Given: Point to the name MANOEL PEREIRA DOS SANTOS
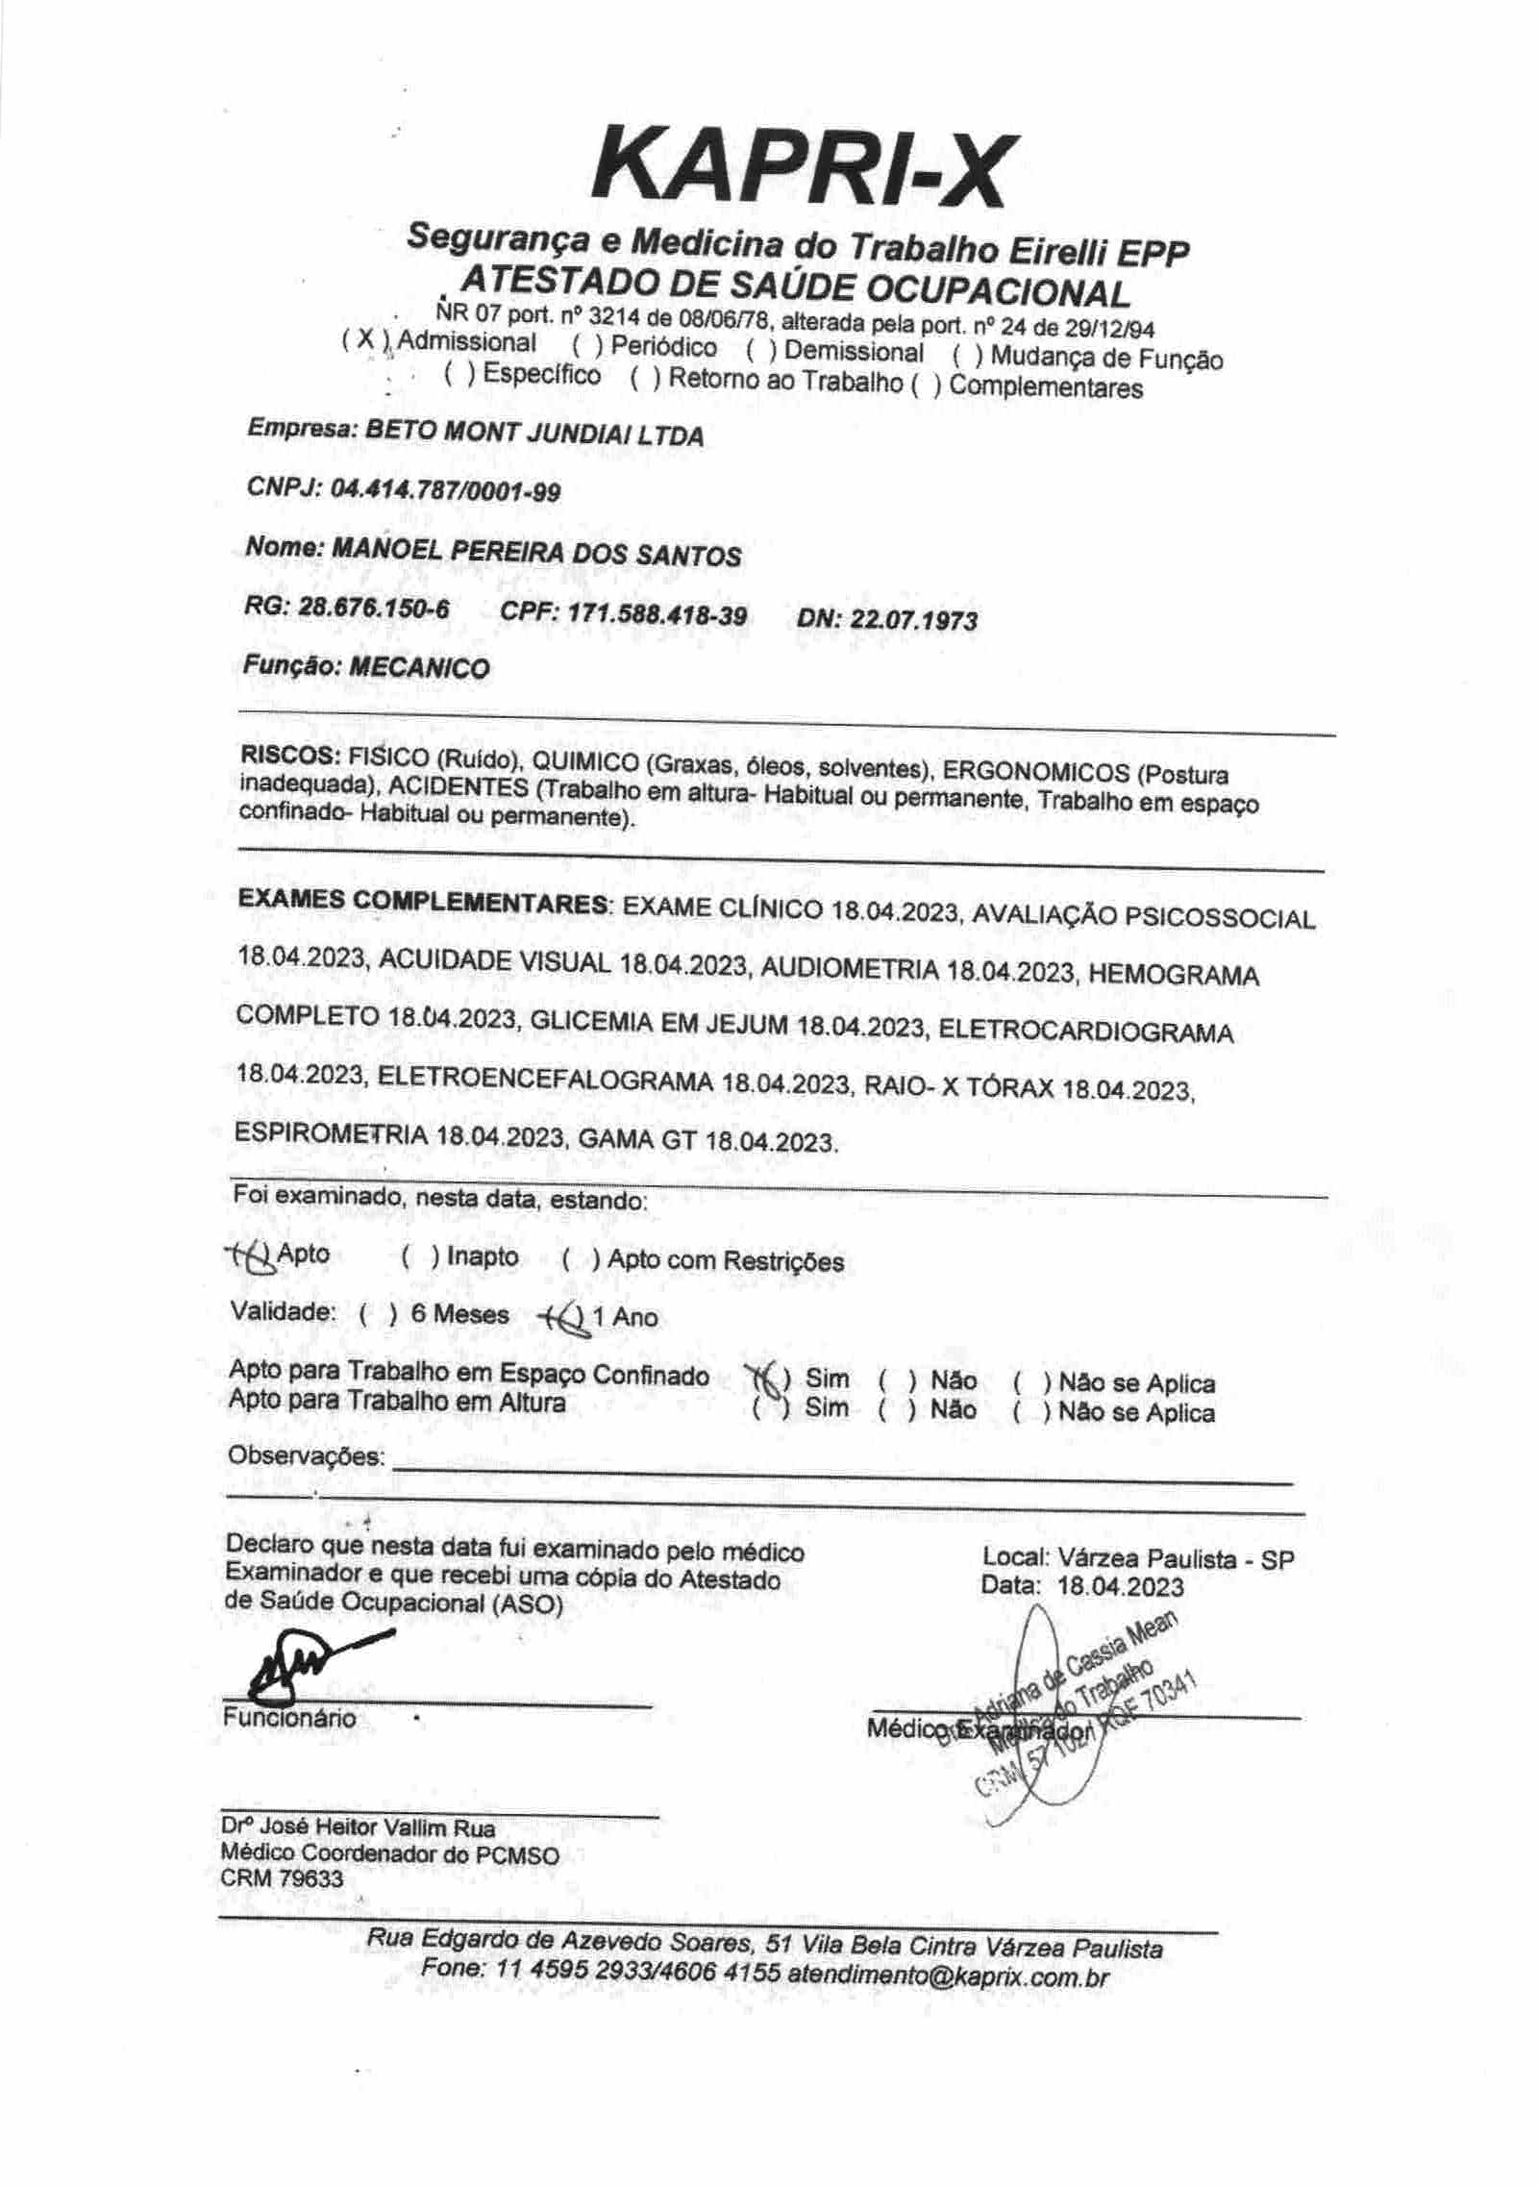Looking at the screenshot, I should (535, 554).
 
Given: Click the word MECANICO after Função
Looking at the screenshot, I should (418, 668).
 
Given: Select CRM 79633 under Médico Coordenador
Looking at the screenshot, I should (281, 1877).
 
